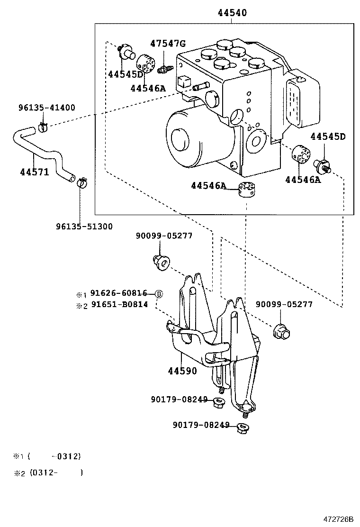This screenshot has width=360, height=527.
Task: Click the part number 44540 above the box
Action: click(232, 13)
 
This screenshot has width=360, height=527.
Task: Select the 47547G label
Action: click(168, 44)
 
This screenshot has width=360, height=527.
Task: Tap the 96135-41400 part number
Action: click(46, 108)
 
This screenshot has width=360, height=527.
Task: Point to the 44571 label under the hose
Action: click(34, 172)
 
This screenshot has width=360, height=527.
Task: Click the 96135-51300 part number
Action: click(84, 227)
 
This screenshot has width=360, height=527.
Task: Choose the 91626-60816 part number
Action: click(119, 293)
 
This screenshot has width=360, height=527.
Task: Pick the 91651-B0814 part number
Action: click(119, 305)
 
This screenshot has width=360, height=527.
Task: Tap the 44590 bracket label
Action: click(182, 371)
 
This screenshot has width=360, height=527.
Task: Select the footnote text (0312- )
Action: click(56, 472)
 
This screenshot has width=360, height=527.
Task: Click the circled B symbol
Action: click(159, 294)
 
